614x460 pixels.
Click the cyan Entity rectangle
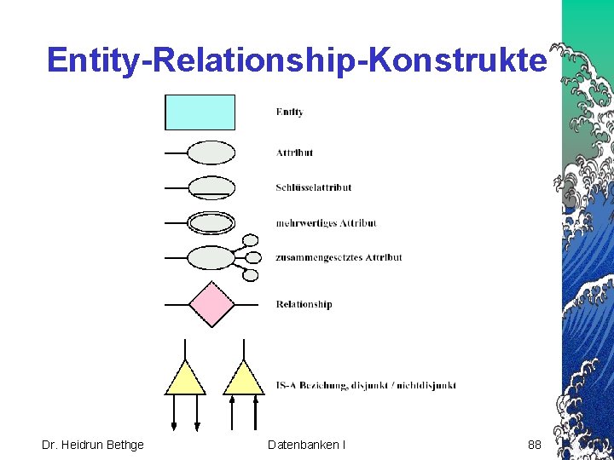coord(200,112)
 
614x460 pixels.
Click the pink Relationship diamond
coord(211,304)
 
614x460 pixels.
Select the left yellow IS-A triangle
coord(185,379)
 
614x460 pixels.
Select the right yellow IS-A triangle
coord(244,379)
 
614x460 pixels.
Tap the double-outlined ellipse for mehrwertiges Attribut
coord(211,223)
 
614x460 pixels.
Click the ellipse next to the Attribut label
coord(211,152)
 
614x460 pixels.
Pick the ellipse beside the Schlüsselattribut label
coord(211,187)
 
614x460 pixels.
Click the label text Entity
coord(290,112)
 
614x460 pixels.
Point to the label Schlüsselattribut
coord(313,187)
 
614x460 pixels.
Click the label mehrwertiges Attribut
coord(326,223)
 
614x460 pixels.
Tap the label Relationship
coord(304,304)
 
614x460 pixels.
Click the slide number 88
coord(535,445)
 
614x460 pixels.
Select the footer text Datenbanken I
coord(306,445)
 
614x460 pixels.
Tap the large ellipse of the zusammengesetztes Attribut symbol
coord(210,256)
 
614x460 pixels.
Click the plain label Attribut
coord(294,152)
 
